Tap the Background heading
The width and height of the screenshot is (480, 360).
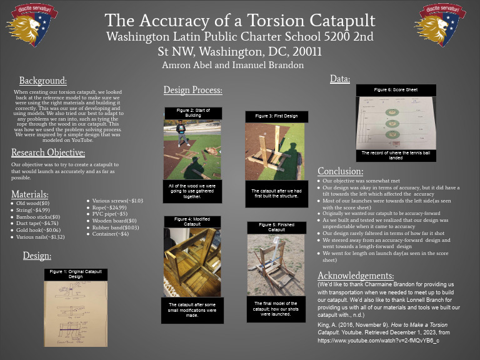coord(42,81)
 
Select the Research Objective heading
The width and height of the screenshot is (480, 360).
coord(48,152)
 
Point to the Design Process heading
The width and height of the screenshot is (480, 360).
coord(193,90)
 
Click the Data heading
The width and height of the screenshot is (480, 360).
coord(339,79)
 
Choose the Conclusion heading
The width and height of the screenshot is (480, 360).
coord(340,171)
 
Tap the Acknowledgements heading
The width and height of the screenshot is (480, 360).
coord(356,276)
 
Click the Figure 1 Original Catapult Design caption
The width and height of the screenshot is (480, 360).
coord(76,274)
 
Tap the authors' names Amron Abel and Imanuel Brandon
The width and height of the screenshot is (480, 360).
coord(232,64)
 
